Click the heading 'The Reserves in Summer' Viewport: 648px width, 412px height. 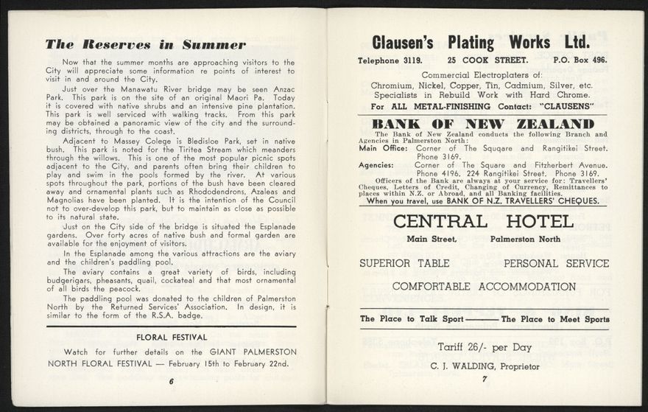click(145, 44)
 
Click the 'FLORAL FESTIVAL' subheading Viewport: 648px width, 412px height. click(171, 337)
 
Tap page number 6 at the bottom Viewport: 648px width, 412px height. click(171, 381)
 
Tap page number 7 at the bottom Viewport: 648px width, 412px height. click(485, 380)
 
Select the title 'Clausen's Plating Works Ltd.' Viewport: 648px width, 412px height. click(481, 41)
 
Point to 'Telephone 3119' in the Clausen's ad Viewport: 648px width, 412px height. click(390, 60)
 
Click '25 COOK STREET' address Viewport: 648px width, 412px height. click(487, 60)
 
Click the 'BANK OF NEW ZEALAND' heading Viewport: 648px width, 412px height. click(483, 124)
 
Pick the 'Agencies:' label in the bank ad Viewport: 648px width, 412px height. click(376, 165)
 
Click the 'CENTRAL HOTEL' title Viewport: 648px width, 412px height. click(483, 221)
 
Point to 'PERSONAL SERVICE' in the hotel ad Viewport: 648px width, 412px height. click(556, 263)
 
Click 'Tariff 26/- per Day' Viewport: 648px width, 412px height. click(484, 347)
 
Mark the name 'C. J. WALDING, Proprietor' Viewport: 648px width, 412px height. click(485, 366)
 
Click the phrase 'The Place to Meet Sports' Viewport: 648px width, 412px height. click(555, 319)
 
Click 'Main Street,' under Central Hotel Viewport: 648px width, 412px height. click(432, 239)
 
